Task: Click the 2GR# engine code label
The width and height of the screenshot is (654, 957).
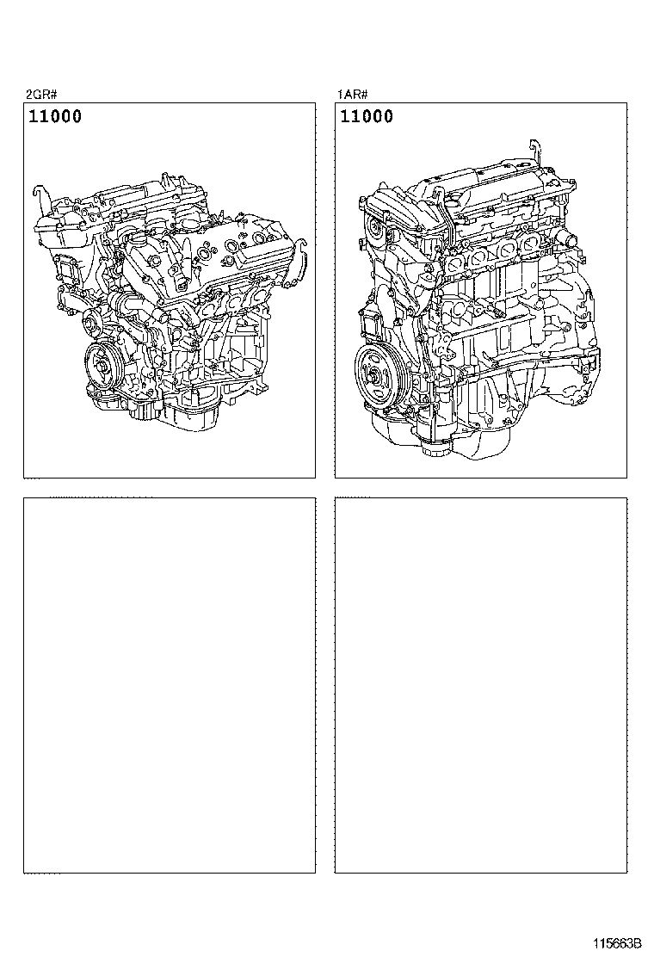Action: point(41,94)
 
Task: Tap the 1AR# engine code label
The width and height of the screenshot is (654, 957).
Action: point(353,94)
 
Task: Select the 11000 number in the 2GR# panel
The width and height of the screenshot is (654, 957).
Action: point(55,116)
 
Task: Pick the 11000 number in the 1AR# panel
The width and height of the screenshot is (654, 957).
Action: point(367,116)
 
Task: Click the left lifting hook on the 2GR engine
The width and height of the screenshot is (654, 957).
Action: point(39,196)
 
